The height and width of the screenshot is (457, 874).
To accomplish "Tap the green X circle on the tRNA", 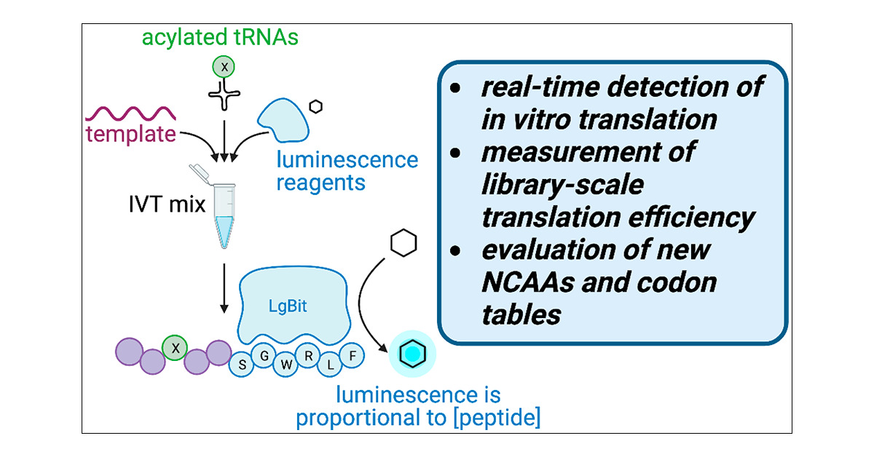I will tap(224, 67).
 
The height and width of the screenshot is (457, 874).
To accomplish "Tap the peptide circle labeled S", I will tap(241, 364).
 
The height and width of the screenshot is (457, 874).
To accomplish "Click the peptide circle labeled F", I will tap(353, 357).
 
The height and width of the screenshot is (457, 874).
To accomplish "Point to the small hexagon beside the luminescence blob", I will tap(315, 107).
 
